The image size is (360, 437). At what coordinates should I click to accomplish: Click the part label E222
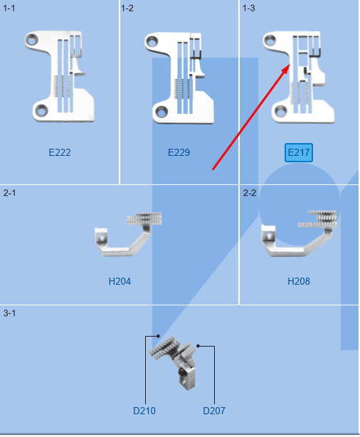[x=60, y=152]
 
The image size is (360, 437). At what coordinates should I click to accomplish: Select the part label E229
[x=179, y=152]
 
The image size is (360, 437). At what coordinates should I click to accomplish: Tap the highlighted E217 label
[x=299, y=152]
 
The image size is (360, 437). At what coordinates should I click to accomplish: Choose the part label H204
[x=120, y=281]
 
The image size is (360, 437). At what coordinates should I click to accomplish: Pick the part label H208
[x=299, y=281]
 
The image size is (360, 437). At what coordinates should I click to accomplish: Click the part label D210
[x=144, y=411]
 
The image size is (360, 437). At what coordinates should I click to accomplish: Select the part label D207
[x=214, y=411]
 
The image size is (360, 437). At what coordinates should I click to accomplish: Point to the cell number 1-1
[x=9, y=8]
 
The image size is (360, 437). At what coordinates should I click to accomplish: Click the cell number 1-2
[x=128, y=8]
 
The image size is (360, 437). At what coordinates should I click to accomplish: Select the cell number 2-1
[x=9, y=193]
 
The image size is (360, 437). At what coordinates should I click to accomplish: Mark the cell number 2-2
[x=249, y=193]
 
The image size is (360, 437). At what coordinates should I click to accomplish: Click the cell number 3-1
[x=9, y=313]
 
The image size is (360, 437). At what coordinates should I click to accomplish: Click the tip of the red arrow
[x=290, y=65]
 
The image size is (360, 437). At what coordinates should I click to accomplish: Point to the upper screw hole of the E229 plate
[x=154, y=41]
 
